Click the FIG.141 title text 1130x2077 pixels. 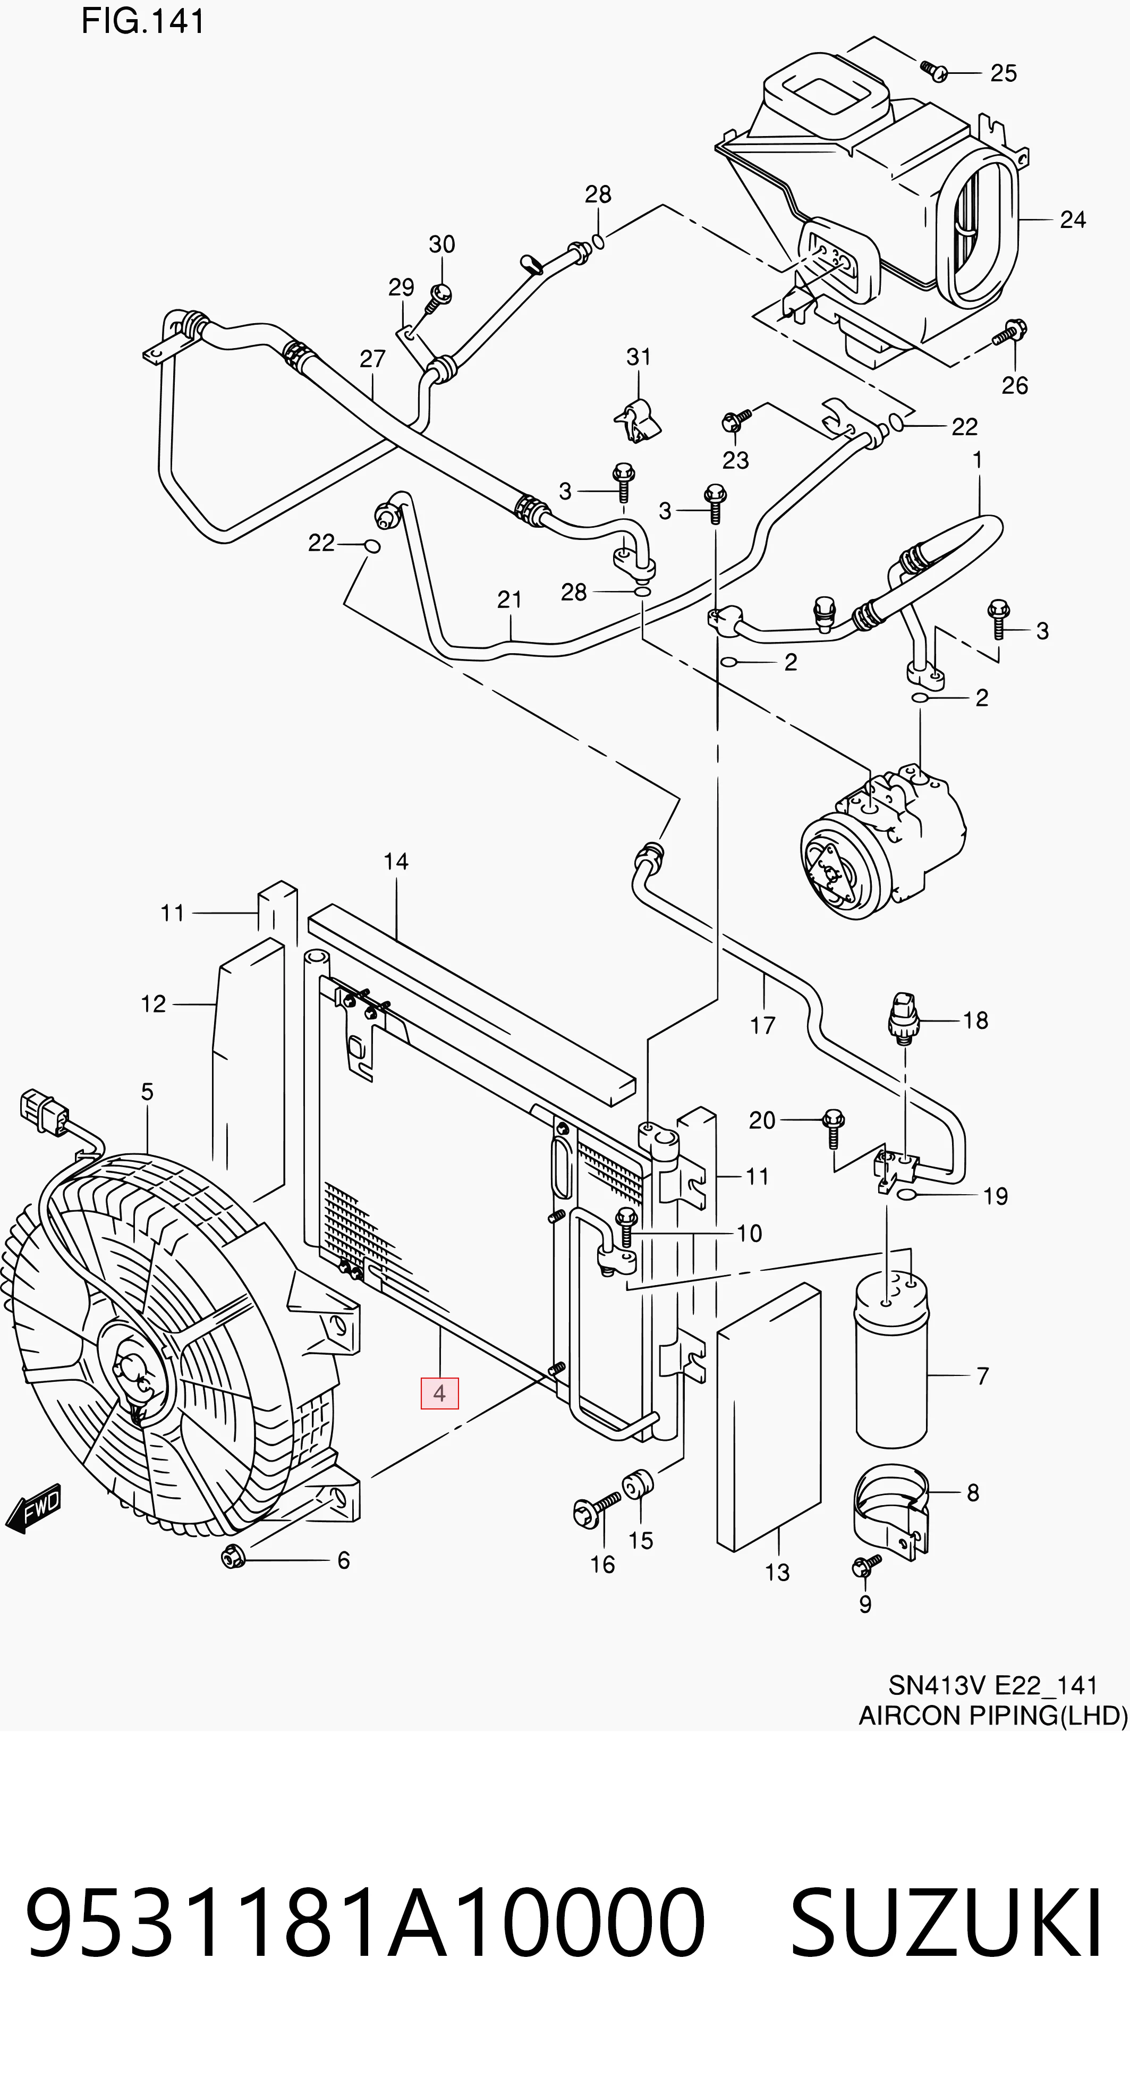click(x=143, y=22)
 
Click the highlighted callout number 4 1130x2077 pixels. click(x=439, y=1394)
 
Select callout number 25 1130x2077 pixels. click(x=1004, y=73)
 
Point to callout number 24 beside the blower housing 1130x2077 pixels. click(x=1073, y=219)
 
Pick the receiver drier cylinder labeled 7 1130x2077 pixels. click(x=892, y=1358)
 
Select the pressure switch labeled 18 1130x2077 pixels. click(x=904, y=1020)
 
